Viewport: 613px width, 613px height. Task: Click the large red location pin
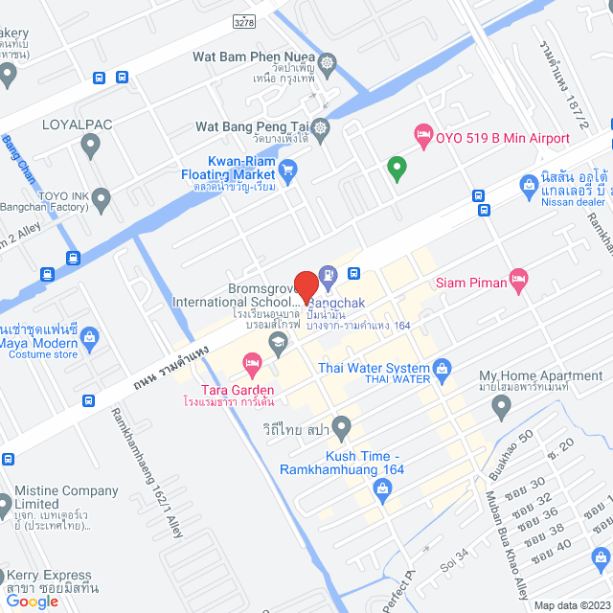point(306,286)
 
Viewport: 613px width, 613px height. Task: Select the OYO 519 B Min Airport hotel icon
point(422,137)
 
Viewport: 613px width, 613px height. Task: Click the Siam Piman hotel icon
point(518,280)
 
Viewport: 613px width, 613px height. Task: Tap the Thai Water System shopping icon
point(442,367)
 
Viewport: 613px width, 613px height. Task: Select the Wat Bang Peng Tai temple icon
point(320,126)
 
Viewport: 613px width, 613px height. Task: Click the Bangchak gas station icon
point(328,278)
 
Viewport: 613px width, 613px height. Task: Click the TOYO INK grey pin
point(102,198)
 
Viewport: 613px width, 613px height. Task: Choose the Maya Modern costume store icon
point(90,337)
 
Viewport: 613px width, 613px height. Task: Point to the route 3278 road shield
point(245,20)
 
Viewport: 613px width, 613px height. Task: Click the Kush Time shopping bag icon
point(382,490)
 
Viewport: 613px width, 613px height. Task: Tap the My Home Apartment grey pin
point(500,407)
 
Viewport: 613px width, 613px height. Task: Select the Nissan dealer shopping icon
point(527,184)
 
